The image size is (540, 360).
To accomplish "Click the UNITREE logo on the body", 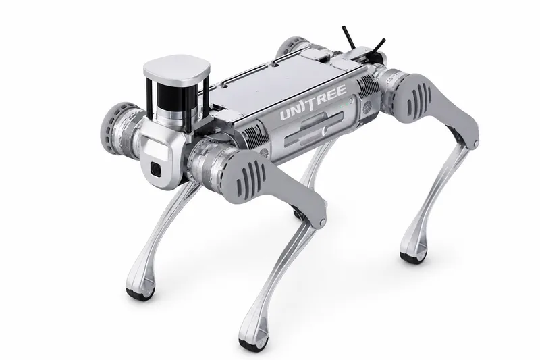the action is pyautogui.click(x=313, y=102).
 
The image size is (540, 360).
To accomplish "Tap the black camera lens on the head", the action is pyautogui.click(x=157, y=169).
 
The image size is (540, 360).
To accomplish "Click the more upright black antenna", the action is pyautogui.click(x=348, y=37).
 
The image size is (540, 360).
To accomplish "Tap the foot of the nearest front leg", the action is pyautogui.click(x=254, y=344).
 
